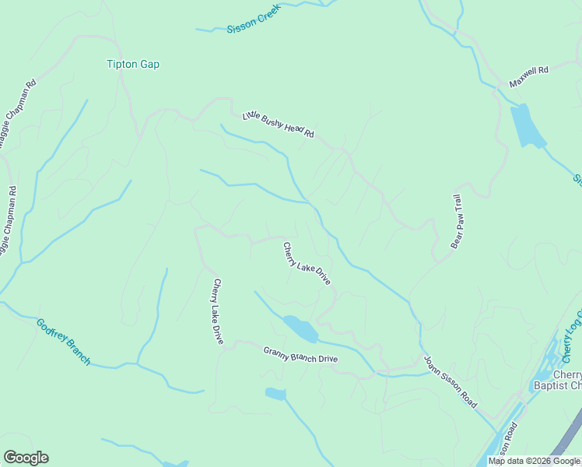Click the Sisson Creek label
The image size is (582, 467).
tap(252, 23)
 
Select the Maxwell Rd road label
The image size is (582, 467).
tap(529, 76)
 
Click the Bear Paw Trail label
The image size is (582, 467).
tap(458, 222)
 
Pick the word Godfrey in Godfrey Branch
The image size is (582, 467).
tap(53, 332)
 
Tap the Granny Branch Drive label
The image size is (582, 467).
tap(300, 354)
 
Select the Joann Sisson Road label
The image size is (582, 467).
tap(450, 383)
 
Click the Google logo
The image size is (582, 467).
tap(26, 458)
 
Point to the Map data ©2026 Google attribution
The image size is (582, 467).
tap(534, 461)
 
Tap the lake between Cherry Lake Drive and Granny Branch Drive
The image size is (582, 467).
tap(300, 328)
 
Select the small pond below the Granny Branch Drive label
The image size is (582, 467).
tap(275, 393)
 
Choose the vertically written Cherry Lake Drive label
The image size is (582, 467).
tap(218, 311)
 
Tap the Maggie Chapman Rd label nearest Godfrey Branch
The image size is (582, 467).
tap(9, 222)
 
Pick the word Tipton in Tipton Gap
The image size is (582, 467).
tap(121, 65)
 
